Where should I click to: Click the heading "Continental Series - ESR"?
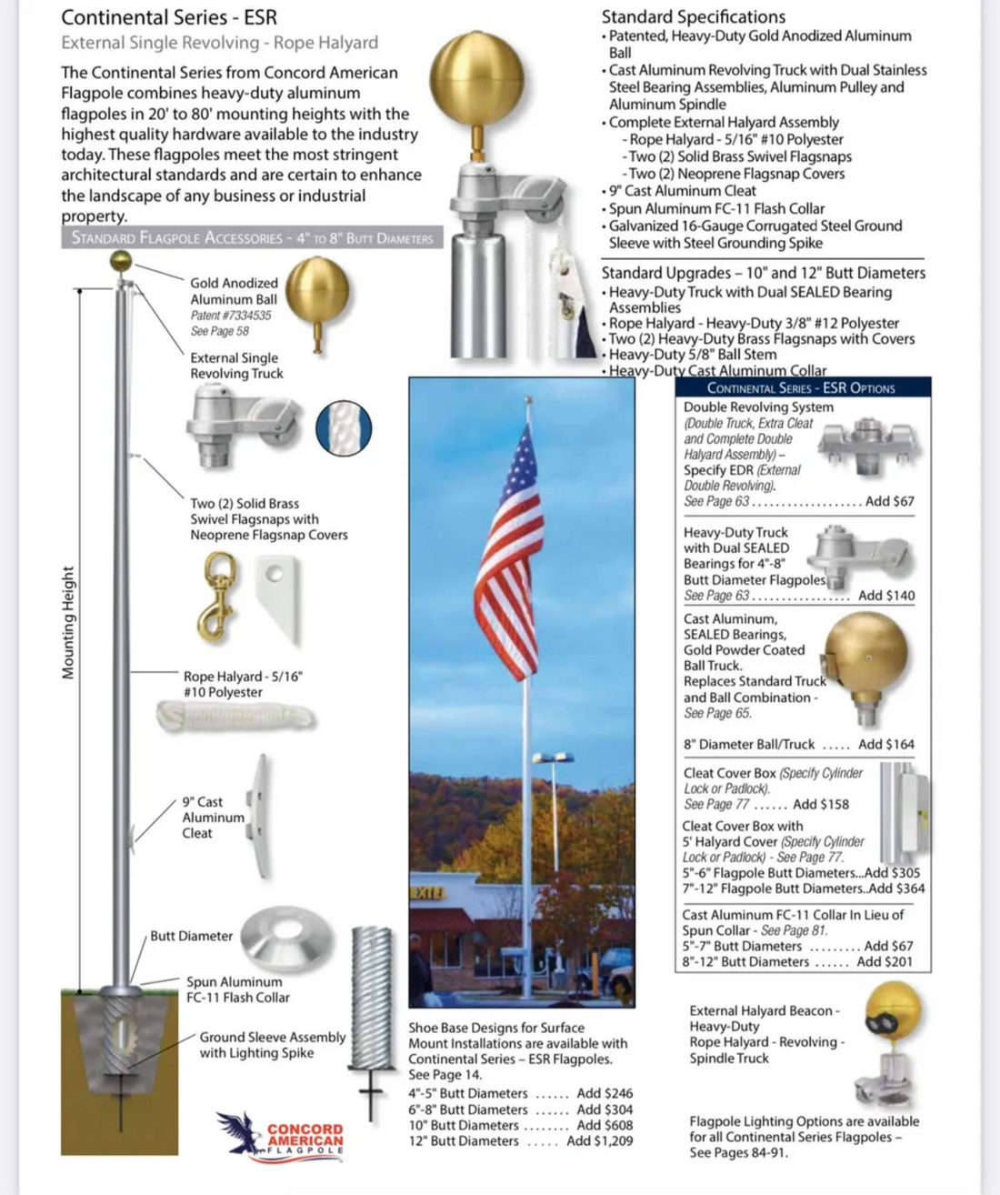[169, 17]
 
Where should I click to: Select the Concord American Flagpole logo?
[282, 1135]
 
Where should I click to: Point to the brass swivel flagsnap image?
[218, 596]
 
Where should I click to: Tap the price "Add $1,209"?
[600, 1140]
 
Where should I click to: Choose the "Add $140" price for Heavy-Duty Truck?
[886, 596]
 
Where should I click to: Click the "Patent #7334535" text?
[231, 316]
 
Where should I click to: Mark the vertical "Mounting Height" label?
[69, 623]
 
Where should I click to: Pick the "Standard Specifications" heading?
[694, 16]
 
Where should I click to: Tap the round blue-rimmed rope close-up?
[344, 427]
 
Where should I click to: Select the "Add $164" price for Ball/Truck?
[886, 744]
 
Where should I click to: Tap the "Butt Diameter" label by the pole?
[192, 936]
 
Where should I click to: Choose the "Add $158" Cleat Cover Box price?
[821, 804]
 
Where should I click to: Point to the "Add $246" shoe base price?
[605, 1093]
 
